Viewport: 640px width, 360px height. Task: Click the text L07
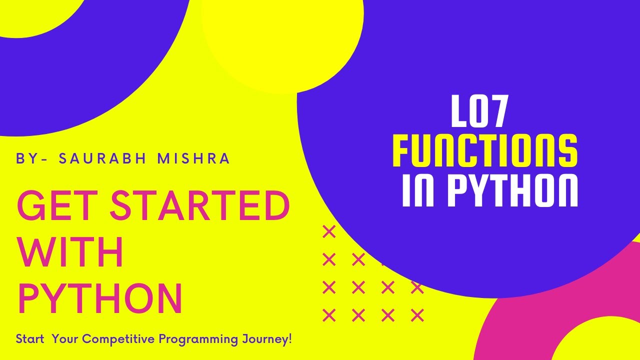[x=479, y=113]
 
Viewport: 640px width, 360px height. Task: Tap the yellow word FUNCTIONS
[x=484, y=150]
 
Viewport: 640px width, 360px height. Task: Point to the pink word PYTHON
[x=100, y=298]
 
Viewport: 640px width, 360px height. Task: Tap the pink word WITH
[x=70, y=252]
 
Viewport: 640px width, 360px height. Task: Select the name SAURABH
[x=103, y=158]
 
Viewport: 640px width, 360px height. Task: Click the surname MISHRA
[x=193, y=158]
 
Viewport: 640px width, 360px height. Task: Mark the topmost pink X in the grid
[x=329, y=232]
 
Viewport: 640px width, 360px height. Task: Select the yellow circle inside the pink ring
[x=600, y=342]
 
